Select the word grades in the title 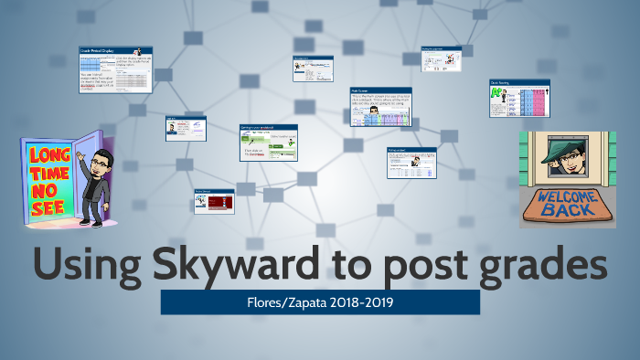pos(533,265)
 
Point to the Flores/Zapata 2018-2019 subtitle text pos(320,302)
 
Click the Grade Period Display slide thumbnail pos(116,70)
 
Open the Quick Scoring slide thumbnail pos(518,99)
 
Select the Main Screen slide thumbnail pos(380,107)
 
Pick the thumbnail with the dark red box pos(214,200)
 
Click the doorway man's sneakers pos(90,221)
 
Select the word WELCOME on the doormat pos(567,197)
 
